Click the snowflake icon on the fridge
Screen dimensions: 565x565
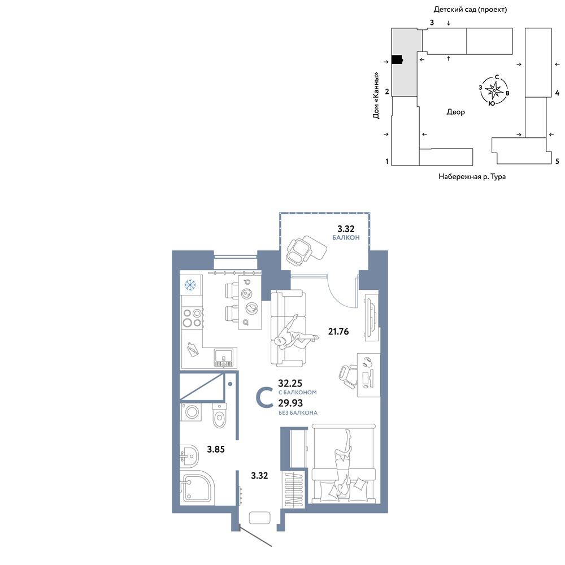(x=190, y=285)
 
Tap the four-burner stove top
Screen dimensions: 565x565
(x=192, y=318)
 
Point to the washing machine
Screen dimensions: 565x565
(x=190, y=412)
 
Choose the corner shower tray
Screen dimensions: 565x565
(x=197, y=487)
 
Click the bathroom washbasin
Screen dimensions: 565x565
(x=189, y=456)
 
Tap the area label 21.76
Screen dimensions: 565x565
(x=338, y=331)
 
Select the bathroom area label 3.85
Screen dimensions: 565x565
(x=216, y=449)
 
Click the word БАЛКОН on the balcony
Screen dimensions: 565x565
(x=346, y=237)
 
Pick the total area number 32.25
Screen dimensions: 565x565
(x=290, y=383)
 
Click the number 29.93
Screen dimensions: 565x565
(x=290, y=403)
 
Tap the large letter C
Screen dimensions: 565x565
(x=264, y=397)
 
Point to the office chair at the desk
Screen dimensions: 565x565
(x=348, y=376)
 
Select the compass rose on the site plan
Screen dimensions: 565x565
(x=494, y=90)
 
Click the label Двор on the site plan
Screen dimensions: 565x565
(x=456, y=112)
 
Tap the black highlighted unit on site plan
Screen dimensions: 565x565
(x=397, y=60)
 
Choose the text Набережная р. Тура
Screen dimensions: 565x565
(x=472, y=176)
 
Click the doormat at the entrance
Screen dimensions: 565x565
(x=259, y=518)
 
